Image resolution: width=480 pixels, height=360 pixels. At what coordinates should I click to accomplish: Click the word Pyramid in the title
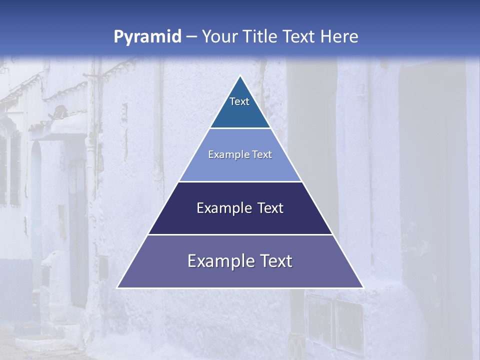coord(147,37)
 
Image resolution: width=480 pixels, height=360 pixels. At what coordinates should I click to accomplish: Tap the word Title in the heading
coord(263,36)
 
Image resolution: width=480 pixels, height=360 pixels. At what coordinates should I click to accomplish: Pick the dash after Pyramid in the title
coord(191,37)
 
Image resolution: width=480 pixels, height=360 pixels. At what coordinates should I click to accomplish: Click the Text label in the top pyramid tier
coord(239,101)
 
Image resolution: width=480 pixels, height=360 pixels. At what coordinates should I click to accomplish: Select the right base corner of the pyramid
coord(363,287)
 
